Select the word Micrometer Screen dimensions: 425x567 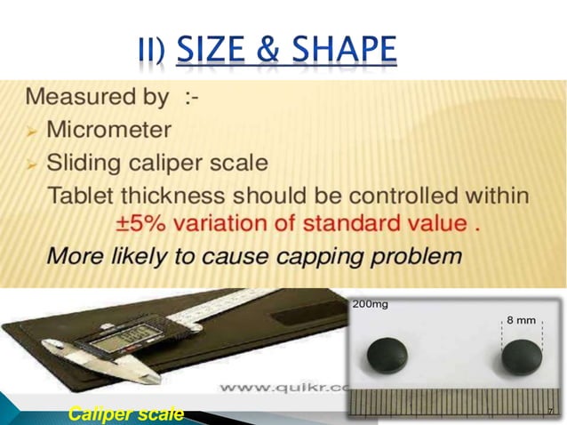108,130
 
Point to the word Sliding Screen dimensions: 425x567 81,163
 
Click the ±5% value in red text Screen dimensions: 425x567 143,223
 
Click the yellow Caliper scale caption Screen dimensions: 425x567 126,413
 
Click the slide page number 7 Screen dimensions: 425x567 550,410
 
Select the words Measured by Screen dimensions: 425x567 97,96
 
